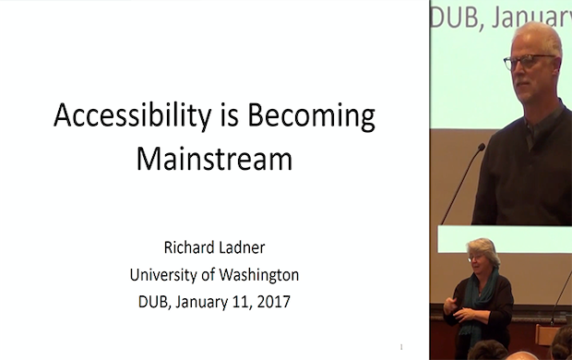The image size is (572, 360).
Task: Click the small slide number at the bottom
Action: pos(402,347)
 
